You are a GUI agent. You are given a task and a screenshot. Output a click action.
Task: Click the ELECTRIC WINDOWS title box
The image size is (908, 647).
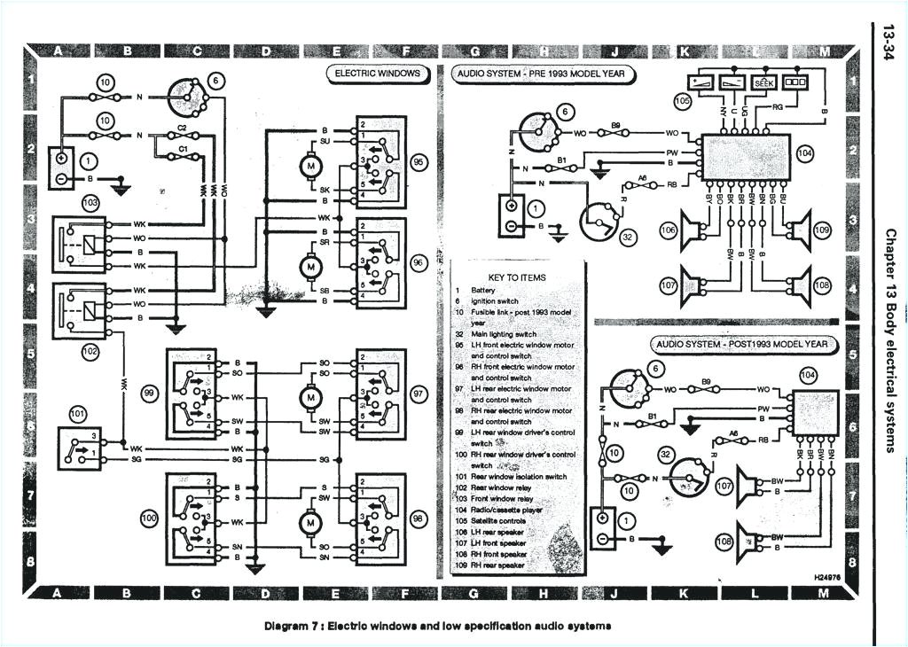(377, 74)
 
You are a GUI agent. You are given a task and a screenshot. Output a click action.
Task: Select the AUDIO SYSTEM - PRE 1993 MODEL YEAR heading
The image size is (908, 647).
(544, 74)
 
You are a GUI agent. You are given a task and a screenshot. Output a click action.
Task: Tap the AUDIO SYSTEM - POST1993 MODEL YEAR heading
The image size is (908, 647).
(742, 343)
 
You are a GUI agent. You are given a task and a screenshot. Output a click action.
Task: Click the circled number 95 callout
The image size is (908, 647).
(419, 163)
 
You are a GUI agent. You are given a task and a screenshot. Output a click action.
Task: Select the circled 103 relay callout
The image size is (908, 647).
(90, 202)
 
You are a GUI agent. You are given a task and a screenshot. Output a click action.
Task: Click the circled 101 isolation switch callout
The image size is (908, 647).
(79, 412)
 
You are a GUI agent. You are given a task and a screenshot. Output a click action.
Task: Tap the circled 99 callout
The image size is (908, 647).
(151, 392)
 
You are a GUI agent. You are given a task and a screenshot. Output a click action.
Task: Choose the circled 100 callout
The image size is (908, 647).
(151, 515)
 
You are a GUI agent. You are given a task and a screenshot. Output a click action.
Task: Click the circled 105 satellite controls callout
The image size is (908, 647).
(682, 101)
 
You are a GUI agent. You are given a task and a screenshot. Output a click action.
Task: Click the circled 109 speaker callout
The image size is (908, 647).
(821, 231)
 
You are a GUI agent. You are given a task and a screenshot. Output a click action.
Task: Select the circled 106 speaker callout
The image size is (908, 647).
(669, 231)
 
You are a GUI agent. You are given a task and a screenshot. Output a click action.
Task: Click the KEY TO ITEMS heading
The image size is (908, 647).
(517, 277)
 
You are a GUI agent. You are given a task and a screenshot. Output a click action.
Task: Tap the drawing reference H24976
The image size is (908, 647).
(827, 576)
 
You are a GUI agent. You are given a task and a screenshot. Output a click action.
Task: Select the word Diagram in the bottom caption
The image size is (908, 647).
(286, 627)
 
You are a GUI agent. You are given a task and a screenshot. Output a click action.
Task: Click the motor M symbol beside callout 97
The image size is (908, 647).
(310, 398)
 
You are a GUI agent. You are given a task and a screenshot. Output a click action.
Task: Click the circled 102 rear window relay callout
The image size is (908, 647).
(90, 351)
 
